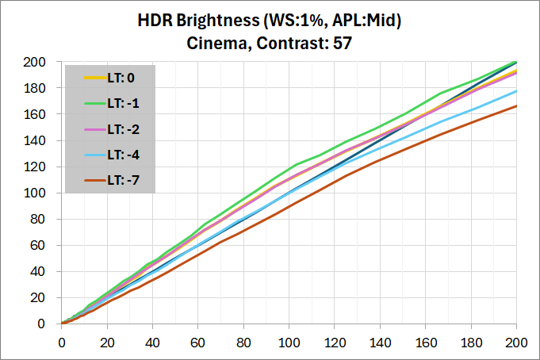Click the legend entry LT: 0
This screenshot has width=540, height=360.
coord(120,78)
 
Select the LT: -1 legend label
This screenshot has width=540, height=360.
coord(121,102)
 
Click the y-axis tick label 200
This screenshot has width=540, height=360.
coord(45,62)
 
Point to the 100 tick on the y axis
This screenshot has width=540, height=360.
coord(45,193)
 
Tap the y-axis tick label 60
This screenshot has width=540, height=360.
coord(48,245)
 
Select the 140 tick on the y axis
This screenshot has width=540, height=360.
coord(45,140)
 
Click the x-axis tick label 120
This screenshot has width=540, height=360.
coord(335,344)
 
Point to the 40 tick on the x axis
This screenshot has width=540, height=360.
coord(152,344)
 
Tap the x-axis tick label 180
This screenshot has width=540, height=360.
coord(472,344)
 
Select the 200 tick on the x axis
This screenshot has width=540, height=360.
coord(517,344)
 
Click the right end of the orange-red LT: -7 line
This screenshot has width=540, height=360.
coord(517,105)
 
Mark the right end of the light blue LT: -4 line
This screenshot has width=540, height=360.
coord(517,91)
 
